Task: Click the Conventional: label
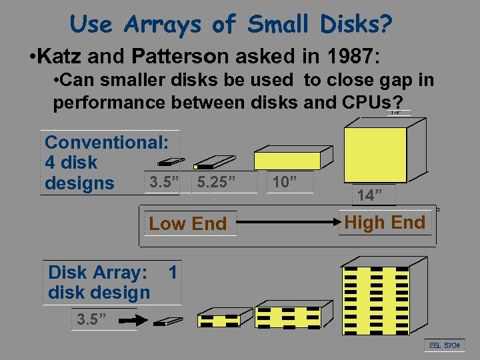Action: pyautogui.click(x=107, y=141)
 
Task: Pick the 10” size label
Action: pyautogui.click(x=285, y=182)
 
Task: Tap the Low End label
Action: pyautogui.click(x=188, y=224)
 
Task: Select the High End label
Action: pyautogui.click(x=385, y=223)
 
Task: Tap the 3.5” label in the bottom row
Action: pyautogui.click(x=92, y=319)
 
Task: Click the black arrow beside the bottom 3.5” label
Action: pyautogui.click(x=127, y=321)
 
